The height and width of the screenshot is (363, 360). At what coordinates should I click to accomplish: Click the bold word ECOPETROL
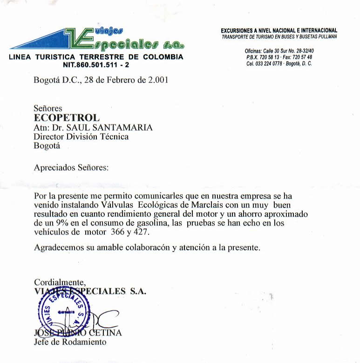67,118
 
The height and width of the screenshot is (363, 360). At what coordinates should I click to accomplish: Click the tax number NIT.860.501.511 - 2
96,65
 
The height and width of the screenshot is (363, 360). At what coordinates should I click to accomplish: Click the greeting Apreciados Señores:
71,167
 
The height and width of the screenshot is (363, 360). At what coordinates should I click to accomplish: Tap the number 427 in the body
143,232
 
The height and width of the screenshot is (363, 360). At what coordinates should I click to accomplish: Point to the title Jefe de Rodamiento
70,342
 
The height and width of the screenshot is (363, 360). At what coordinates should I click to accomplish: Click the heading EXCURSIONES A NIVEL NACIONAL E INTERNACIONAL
278,30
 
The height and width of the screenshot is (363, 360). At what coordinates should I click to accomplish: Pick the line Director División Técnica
81,137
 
